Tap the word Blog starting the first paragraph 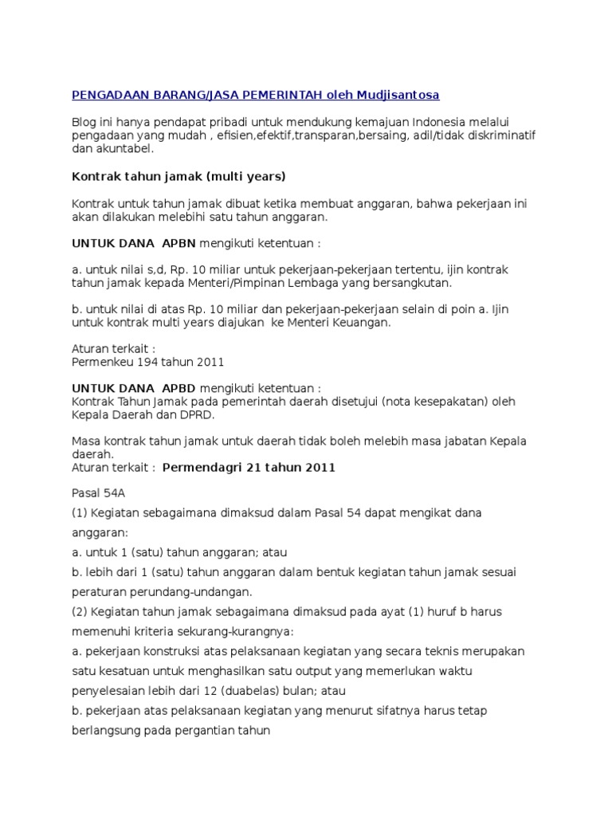tap(84, 121)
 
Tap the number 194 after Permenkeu tap(146, 362)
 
